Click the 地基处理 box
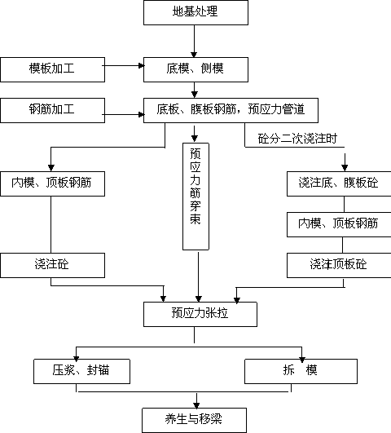coord(195,12)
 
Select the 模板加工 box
coord(52,69)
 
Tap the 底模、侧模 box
coord(195,69)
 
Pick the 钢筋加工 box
coord(52,110)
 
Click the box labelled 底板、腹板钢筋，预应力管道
coord(231,110)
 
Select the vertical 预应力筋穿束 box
coord(195,197)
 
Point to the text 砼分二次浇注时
coord(297,139)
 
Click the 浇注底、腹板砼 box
coord(339,183)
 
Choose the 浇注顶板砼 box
coord(339,265)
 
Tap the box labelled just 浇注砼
coord(52,265)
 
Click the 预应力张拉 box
coord(200,314)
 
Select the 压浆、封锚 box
coord(81,371)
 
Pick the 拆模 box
coord(301,371)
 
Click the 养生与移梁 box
coord(194,420)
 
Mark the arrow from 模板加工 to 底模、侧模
coord(123,66)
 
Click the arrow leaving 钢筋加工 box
coord(123,114)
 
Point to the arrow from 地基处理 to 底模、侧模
coord(194,41)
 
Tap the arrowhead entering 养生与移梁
coord(196,405)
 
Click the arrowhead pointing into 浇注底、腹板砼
coord(345,167)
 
